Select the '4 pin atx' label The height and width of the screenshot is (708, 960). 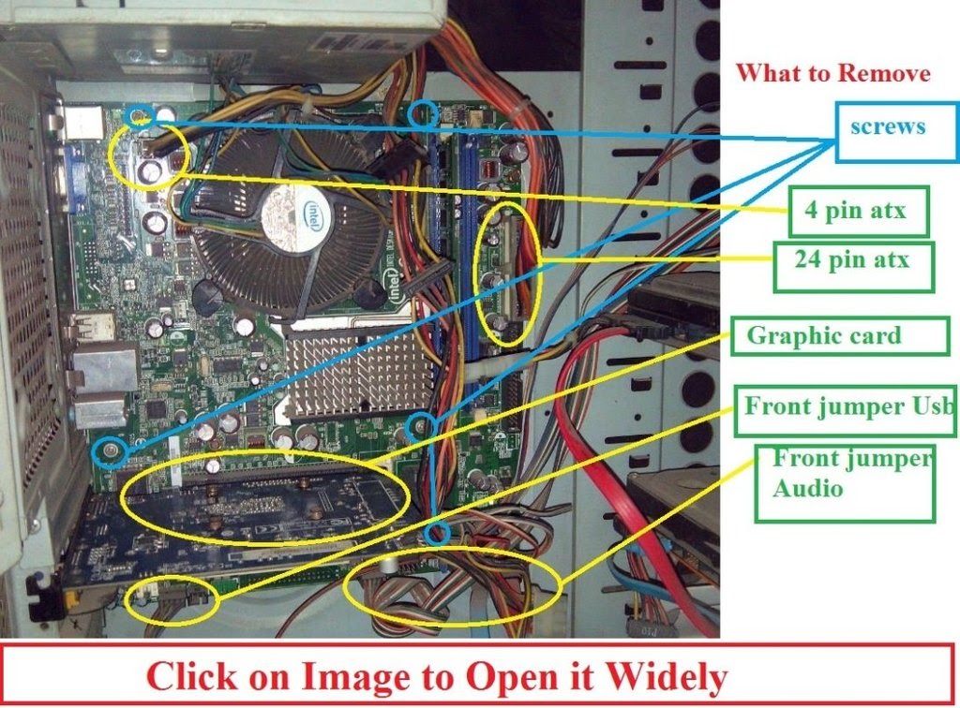[x=856, y=211]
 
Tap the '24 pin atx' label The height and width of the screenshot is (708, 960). [x=852, y=261]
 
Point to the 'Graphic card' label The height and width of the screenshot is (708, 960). [x=824, y=336]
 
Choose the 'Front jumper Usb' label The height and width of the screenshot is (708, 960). [x=847, y=408]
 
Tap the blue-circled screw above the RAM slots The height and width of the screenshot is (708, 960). [x=423, y=113]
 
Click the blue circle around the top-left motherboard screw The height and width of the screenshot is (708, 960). [x=140, y=116]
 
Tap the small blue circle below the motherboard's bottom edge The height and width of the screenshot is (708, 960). [x=436, y=535]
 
